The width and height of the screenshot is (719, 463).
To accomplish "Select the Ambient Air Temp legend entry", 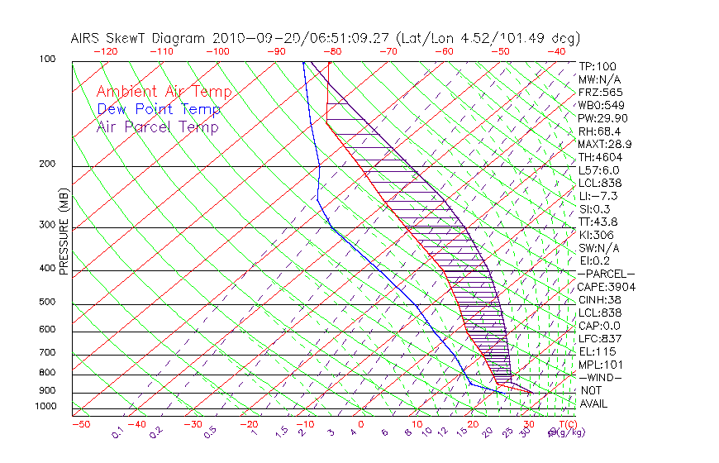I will [x=164, y=92].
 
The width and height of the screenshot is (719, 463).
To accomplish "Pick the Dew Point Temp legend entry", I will [x=159, y=109].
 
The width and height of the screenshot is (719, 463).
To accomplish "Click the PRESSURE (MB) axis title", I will [x=64, y=231].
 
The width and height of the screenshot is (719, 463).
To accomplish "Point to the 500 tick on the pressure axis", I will [x=47, y=303].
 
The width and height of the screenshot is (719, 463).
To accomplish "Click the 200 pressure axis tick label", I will [x=47, y=165].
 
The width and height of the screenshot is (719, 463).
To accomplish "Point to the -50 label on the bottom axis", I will [x=80, y=424].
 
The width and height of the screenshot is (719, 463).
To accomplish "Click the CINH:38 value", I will [x=600, y=299].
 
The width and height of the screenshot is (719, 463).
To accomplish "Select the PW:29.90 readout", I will [x=602, y=118].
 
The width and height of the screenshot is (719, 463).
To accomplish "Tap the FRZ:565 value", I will [x=600, y=92].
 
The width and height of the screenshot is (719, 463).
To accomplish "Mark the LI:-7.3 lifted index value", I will [x=598, y=196].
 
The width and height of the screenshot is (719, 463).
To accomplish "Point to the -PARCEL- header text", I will [x=607, y=274].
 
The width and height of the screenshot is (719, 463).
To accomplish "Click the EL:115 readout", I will [x=596, y=351].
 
